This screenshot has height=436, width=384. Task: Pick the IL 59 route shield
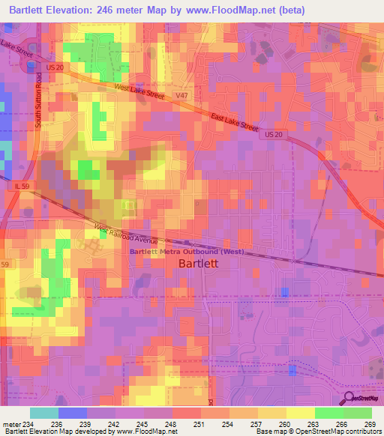(x=20, y=185)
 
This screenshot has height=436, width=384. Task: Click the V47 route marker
(x=181, y=97)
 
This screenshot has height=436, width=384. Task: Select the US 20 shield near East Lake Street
(x=274, y=134)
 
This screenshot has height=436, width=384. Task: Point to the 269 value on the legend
(x=371, y=423)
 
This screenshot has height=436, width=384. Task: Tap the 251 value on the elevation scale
(x=200, y=423)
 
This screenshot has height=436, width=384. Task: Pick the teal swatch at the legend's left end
(x=43, y=413)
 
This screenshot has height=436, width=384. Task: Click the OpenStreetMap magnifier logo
(x=350, y=399)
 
